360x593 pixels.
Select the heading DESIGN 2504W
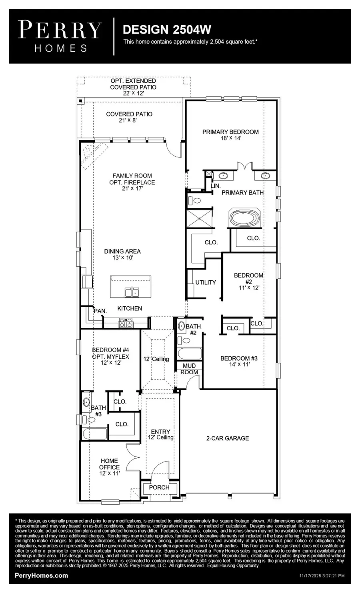(x=167, y=29)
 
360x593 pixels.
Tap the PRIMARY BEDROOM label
(x=230, y=132)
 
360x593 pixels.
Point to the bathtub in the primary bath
(x=244, y=218)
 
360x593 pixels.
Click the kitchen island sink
(x=132, y=293)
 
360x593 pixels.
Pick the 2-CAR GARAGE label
(x=227, y=438)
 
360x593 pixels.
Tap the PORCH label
(x=159, y=487)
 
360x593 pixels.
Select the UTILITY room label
(x=206, y=282)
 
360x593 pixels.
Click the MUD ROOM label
(x=189, y=369)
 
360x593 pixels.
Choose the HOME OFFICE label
(x=109, y=464)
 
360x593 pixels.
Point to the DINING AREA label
(x=122, y=252)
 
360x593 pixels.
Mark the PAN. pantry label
(x=100, y=311)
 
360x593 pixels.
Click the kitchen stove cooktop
(x=126, y=322)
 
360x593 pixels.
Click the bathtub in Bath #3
(x=94, y=433)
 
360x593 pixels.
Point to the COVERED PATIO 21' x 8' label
(x=129, y=117)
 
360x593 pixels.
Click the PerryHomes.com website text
(x=41, y=575)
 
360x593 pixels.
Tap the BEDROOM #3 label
(x=239, y=358)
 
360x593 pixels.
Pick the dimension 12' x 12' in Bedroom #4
(x=110, y=363)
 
